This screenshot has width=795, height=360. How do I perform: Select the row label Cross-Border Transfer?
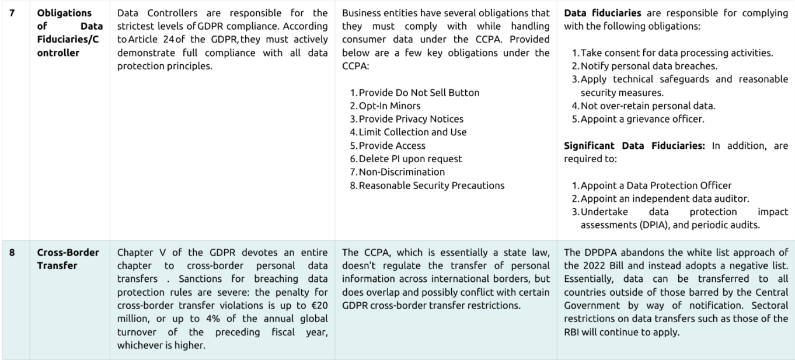[68, 258]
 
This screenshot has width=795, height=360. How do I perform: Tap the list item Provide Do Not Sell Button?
[419, 93]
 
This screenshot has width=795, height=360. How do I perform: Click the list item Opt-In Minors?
[389, 106]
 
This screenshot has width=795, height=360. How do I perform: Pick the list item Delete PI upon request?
[410, 159]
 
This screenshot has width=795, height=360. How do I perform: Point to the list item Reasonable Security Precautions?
[431, 186]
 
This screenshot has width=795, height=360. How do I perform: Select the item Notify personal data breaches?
[639, 66]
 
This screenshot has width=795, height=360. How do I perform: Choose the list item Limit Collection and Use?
[413, 132]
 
